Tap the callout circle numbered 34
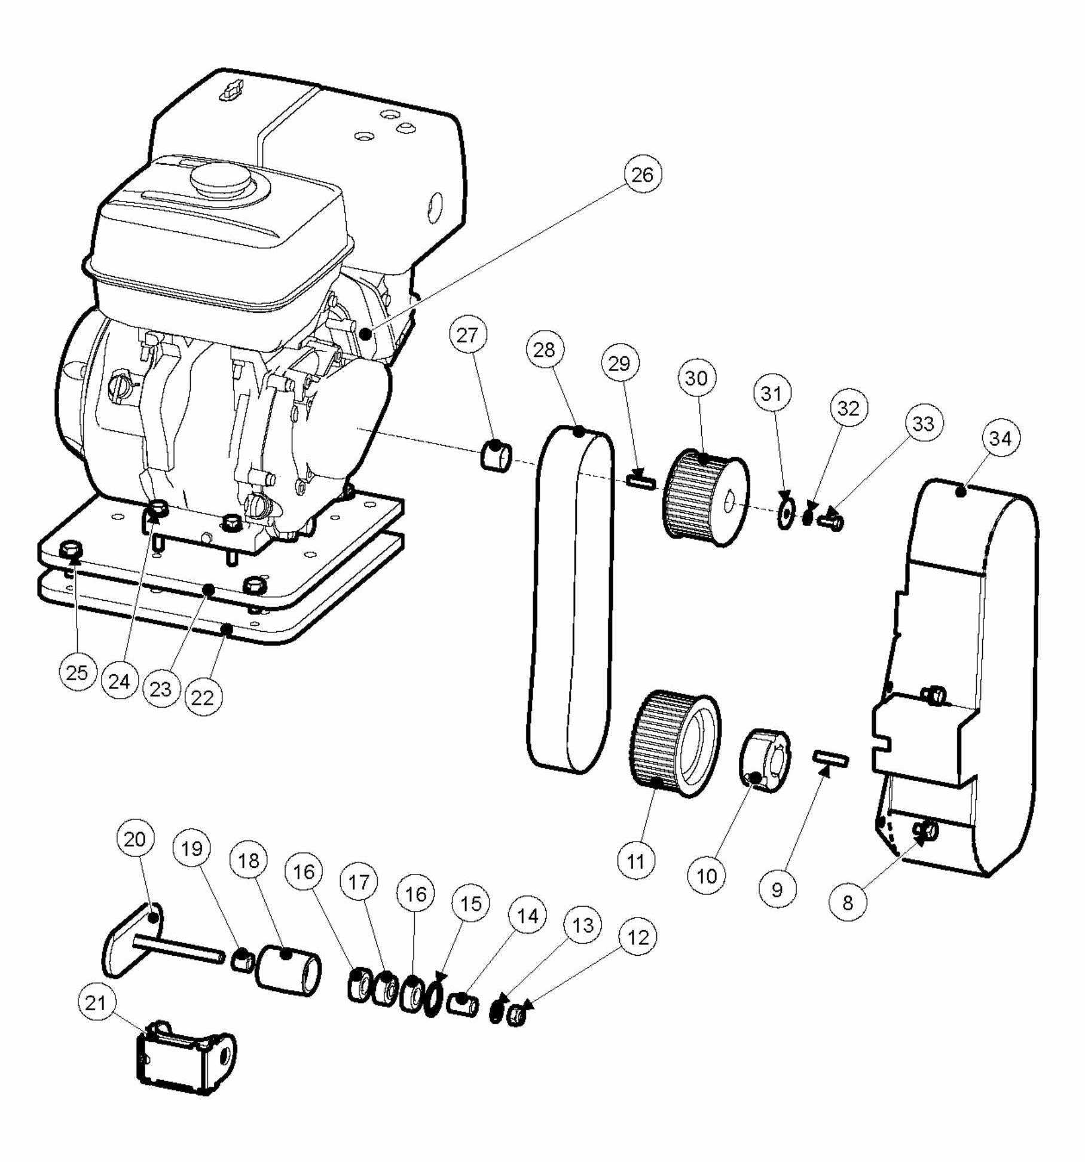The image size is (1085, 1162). [1000, 438]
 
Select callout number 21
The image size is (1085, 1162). [96, 1002]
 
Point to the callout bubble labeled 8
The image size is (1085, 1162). [848, 902]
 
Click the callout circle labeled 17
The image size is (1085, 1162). [359, 882]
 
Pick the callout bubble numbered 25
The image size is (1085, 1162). [77, 672]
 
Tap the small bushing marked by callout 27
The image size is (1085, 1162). [496, 456]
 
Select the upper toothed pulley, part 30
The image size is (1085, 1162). [705, 499]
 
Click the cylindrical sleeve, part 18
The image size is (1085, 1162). [288, 970]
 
